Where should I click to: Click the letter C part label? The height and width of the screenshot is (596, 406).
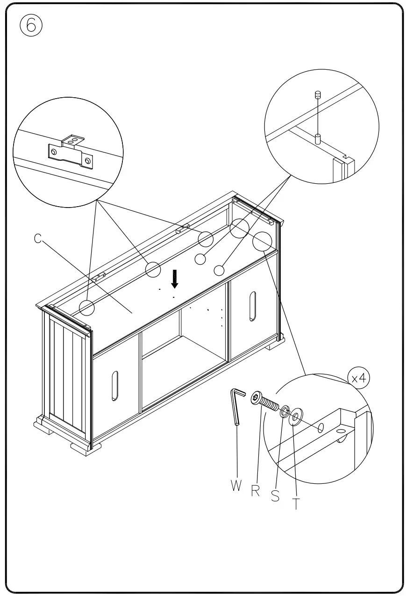38,238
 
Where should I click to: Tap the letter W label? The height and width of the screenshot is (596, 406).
236,486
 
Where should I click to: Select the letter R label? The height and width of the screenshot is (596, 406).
256,491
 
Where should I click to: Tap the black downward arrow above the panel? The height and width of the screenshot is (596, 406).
175,279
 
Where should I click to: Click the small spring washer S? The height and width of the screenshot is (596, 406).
283,411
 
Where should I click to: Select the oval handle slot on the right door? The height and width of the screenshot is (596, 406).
252,306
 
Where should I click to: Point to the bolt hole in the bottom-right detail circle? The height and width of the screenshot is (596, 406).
321,428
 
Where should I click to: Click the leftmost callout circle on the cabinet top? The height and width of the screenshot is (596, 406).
87,308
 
